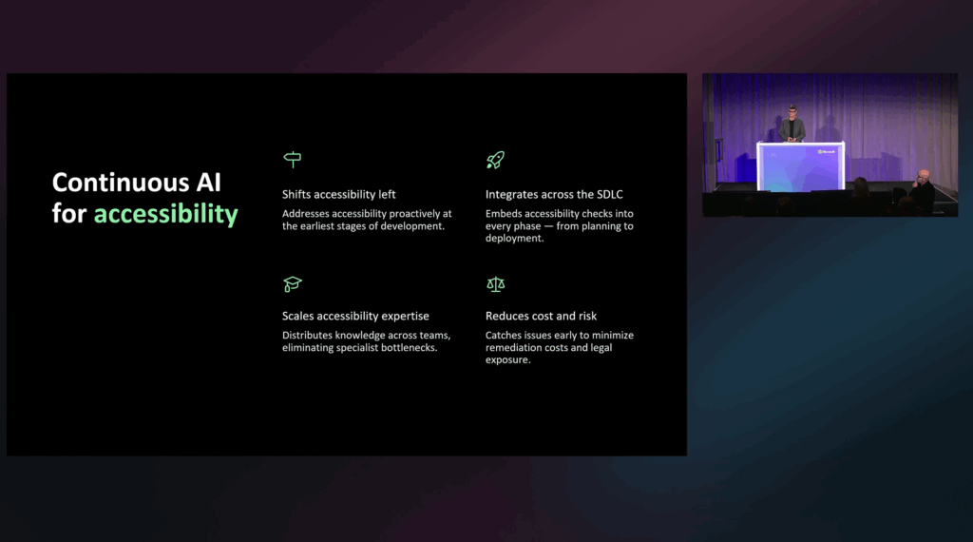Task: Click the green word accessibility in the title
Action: click(165, 214)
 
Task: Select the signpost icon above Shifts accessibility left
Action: click(292, 160)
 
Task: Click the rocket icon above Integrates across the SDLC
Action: click(495, 160)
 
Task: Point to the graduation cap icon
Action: click(292, 283)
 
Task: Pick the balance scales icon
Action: click(495, 283)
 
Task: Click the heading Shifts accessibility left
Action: click(338, 194)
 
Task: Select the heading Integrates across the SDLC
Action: click(554, 194)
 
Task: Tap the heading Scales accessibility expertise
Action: click(355, 316)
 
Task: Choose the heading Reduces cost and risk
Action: click(541, 316)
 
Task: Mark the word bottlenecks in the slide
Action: click(409, 348)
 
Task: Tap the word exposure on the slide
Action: click(507, 360)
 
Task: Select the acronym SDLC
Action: click(607, 194)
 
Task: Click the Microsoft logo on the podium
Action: click(826, 150)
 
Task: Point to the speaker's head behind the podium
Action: click(792, 110)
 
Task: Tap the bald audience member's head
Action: click(923, 175)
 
